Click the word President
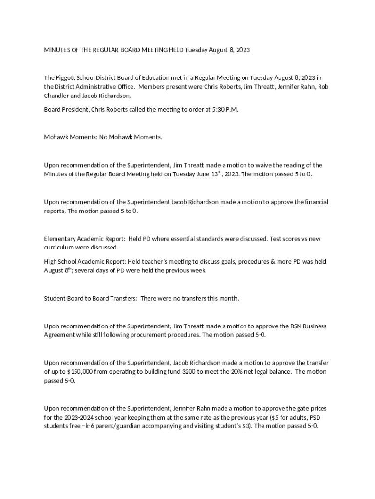(x=76, y=110)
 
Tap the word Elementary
(x=60, y=239)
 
